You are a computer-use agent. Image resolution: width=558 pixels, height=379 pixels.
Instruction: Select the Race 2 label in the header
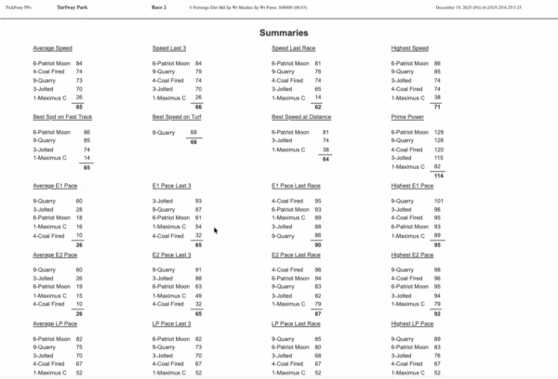pos(159,7)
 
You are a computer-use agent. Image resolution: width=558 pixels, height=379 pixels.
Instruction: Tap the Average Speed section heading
pos(52,48)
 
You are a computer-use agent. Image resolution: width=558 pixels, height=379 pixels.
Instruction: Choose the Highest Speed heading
pos(410,48)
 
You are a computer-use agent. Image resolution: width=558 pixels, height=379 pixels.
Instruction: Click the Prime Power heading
pos(407,118)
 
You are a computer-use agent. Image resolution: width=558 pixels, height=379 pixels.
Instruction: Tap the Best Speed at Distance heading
pos(303,118)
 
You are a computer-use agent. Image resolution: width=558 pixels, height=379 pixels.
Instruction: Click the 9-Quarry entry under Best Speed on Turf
pos(165,132)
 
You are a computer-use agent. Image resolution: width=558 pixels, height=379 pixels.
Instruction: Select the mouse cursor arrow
pos(216,230)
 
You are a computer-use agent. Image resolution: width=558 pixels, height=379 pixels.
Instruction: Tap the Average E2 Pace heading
pos(54,255)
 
